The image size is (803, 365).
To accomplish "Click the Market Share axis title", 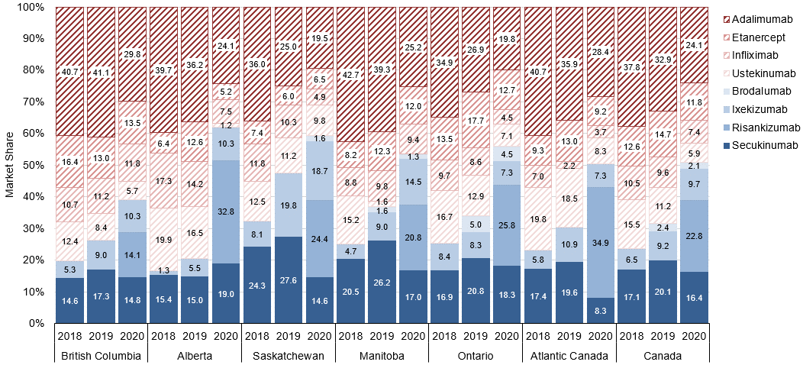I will point(10,165).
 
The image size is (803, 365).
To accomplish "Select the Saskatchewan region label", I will point(288,355).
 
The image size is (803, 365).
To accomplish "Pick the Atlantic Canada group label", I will point(569,355).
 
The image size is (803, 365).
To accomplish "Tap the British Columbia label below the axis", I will point(101,355).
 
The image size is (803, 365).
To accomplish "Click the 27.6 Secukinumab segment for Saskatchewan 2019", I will point(288,279).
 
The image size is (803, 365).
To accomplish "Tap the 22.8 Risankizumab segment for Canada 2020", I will point(694,236).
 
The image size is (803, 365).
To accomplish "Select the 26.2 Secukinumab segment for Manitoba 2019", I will point(382,282).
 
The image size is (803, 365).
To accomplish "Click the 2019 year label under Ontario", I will point(476,334).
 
